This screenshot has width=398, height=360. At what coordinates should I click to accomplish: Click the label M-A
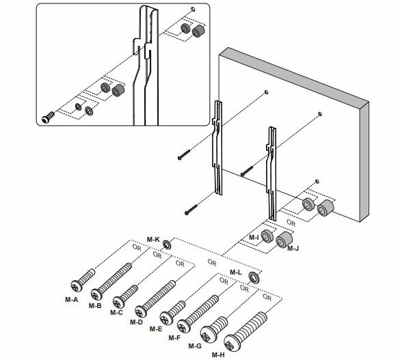click(72, 300)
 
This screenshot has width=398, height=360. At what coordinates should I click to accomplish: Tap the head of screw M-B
click(96, 294)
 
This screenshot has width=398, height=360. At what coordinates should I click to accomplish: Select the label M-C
click(116, 313)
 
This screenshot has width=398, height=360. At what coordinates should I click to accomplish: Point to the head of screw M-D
click(141, 311)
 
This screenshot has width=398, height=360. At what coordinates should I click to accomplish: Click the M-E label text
click(156, 329)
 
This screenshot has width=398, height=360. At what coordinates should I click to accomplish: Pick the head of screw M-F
click(183, 327)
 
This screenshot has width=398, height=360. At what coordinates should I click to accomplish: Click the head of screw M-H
click(233, 344)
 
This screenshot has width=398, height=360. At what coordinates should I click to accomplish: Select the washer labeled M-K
click(167, 245)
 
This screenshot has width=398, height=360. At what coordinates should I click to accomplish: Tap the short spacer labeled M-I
click(267, 236)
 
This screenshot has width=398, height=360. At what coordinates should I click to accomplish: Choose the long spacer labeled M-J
click(284, 240)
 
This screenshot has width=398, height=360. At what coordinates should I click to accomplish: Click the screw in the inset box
click(49, 117)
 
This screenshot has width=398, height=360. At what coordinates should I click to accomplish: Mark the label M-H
click(218, 355)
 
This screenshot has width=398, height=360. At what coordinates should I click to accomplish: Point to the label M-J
click(293, 248)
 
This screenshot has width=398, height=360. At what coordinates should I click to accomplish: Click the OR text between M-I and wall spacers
click(291, 223)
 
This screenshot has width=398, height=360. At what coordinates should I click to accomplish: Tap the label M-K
click(153, 239)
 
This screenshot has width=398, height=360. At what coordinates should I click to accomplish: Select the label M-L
click(236, 273)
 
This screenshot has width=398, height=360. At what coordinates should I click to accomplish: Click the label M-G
click(195, 346)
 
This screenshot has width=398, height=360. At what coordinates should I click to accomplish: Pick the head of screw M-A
click(77, 286)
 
